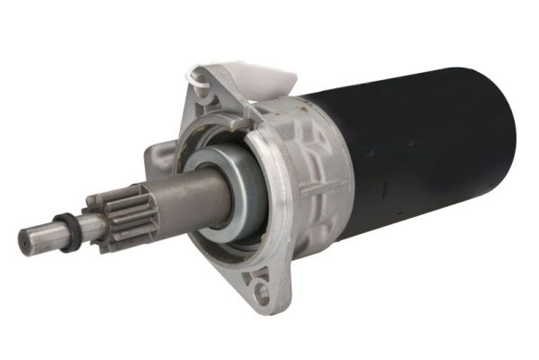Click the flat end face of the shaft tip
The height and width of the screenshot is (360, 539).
tap(25, 241)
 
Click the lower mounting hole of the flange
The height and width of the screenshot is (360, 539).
tap(260, 291)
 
